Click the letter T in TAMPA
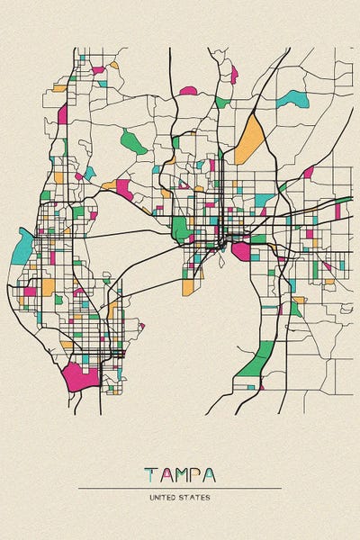[149, 474]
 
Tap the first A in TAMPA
[165, 474]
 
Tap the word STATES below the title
[197, 497]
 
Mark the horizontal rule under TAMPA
[180, 488]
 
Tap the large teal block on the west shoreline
[22, 245]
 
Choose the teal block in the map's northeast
[292, 99]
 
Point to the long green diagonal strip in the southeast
[257, 360]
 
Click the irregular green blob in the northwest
[133, 140]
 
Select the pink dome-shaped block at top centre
[188, 91]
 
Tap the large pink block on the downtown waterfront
[241, 251]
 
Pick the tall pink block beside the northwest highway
[63, 113]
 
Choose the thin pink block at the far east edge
[337, 211]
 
